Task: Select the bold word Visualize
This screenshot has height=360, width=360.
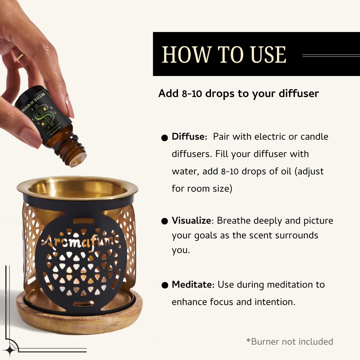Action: pos(191,221)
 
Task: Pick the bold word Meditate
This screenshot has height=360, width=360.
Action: pos(193,285)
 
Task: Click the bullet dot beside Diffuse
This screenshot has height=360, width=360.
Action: pos(164,138)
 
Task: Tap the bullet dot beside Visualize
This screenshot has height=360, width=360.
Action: pos(164,222)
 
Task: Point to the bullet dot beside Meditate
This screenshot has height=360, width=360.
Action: pos(164,285)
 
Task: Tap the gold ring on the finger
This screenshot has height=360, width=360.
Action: pos(20,58)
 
